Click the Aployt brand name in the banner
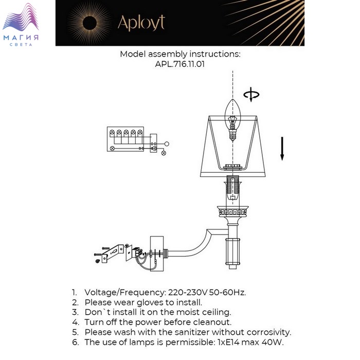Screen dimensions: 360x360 [141, 23]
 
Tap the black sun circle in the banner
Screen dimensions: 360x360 [89, 23]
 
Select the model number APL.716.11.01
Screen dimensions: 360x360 [180, 64]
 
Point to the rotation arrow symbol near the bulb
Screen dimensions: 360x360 [251, 94]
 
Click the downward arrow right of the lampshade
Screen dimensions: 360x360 [282, 149]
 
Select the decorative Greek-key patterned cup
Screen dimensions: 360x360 [233, 211]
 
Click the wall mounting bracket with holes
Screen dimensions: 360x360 [113, 253]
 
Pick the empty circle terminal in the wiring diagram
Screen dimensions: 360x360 [167, 144]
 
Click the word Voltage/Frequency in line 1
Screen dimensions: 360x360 [125, 293]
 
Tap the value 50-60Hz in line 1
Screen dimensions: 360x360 [227, 293]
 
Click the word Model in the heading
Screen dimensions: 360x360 [133, 54]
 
